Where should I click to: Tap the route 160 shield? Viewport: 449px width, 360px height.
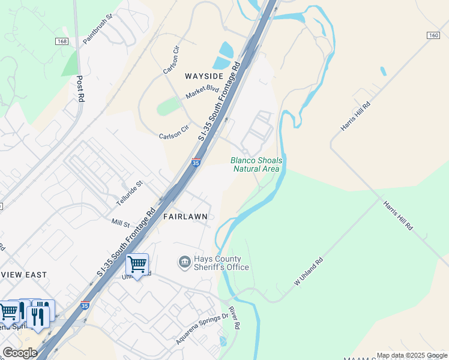[433, 35]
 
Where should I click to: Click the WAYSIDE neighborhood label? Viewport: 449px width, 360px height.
[204, 76]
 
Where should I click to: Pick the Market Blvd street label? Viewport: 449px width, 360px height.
[202, 92]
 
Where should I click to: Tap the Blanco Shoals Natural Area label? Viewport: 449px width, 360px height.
[256, 164]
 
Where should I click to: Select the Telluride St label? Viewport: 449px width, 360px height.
[130, 191]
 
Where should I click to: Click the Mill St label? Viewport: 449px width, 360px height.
[121, 223]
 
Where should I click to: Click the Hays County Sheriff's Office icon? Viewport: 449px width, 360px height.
[184, 262]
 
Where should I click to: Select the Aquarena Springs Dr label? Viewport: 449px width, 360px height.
[202, 329]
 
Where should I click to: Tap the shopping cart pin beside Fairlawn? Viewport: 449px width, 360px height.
[137, 264]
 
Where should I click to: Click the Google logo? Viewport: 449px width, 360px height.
[20, 353]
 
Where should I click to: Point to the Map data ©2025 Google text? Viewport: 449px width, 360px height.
[412, 355]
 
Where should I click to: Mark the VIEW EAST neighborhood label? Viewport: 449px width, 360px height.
[23, 275]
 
